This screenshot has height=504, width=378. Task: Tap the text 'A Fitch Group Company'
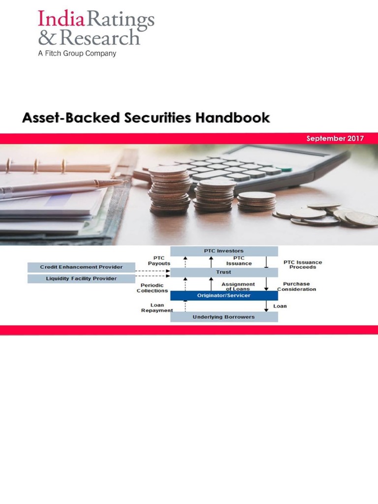77,53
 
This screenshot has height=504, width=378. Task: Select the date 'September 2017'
335,138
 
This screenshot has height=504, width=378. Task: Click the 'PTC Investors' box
224,251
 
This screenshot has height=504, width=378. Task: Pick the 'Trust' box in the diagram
224,272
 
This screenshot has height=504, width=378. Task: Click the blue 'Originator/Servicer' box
224,295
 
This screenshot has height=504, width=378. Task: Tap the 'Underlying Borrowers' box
224,317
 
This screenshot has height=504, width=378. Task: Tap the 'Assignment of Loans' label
238,286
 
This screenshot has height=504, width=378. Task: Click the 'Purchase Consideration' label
296,286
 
